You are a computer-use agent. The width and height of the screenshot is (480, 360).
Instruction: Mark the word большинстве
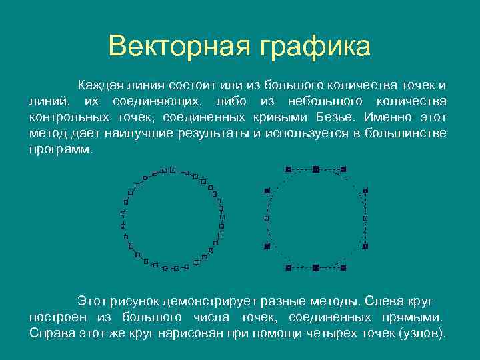pyautogui.click(x=407, y=133)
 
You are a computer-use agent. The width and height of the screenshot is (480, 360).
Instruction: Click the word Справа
pyautogui.click(x=53, y=333)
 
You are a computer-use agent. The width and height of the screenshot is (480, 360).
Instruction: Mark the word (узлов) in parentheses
pyautogui.click(x=421, y=333)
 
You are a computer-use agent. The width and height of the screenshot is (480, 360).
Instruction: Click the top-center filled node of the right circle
pyautogui.click(x=315, y=169)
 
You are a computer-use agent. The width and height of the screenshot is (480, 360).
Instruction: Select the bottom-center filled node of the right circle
pyautogui.click(x=315, y=267)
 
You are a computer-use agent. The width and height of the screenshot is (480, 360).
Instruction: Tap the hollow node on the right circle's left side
pyautogui.click(x=267, y=218)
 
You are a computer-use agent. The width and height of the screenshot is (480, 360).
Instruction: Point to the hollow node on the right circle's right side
pyautogui.click(x=365, y=218)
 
